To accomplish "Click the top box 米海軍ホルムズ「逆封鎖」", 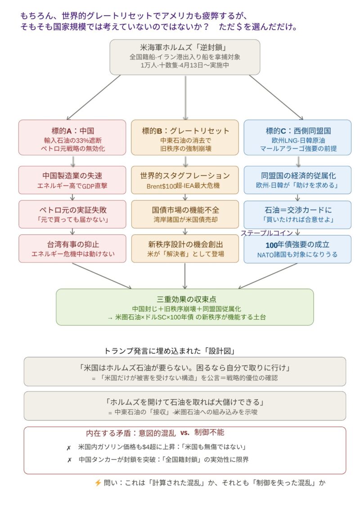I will pos(185,57).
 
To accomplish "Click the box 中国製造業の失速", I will pos(72,180).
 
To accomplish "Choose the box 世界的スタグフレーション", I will pos(185,180).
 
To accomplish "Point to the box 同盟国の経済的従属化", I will pos(297,180).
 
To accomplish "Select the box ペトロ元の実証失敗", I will pos(72,214).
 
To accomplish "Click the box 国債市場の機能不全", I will pos(185,214).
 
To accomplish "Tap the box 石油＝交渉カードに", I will pos(297,214).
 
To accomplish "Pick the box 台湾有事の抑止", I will pos(72,249).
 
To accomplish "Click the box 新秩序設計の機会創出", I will pos(185,249).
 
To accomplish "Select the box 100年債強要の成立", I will pos(297,249).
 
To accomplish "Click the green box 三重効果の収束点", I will pos(185,307).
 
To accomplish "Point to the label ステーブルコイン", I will pos(266,233).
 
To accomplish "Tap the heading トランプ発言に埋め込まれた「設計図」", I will pos(170,351).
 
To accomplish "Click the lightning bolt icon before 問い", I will pos(98,482).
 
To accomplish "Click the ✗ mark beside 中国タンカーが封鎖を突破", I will pos(69,460).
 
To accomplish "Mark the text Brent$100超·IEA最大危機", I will pos(185,185).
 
